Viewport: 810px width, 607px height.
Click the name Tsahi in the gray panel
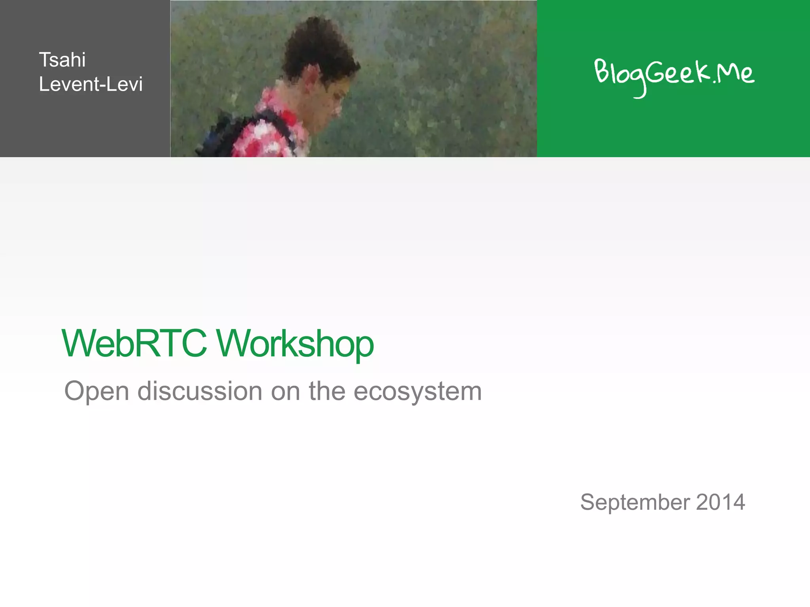point(62,60)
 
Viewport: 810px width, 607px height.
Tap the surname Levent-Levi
point(91,84)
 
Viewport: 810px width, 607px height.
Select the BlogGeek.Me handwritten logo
point(674,75)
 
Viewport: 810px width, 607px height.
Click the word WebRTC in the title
point(134,343)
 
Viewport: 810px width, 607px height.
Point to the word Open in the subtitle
point(97,392)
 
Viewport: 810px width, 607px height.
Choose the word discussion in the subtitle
point(200,391)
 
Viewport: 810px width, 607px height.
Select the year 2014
point(721,502)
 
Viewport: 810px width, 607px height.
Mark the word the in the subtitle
point(327,391)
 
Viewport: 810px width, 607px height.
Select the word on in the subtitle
point(285,391)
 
